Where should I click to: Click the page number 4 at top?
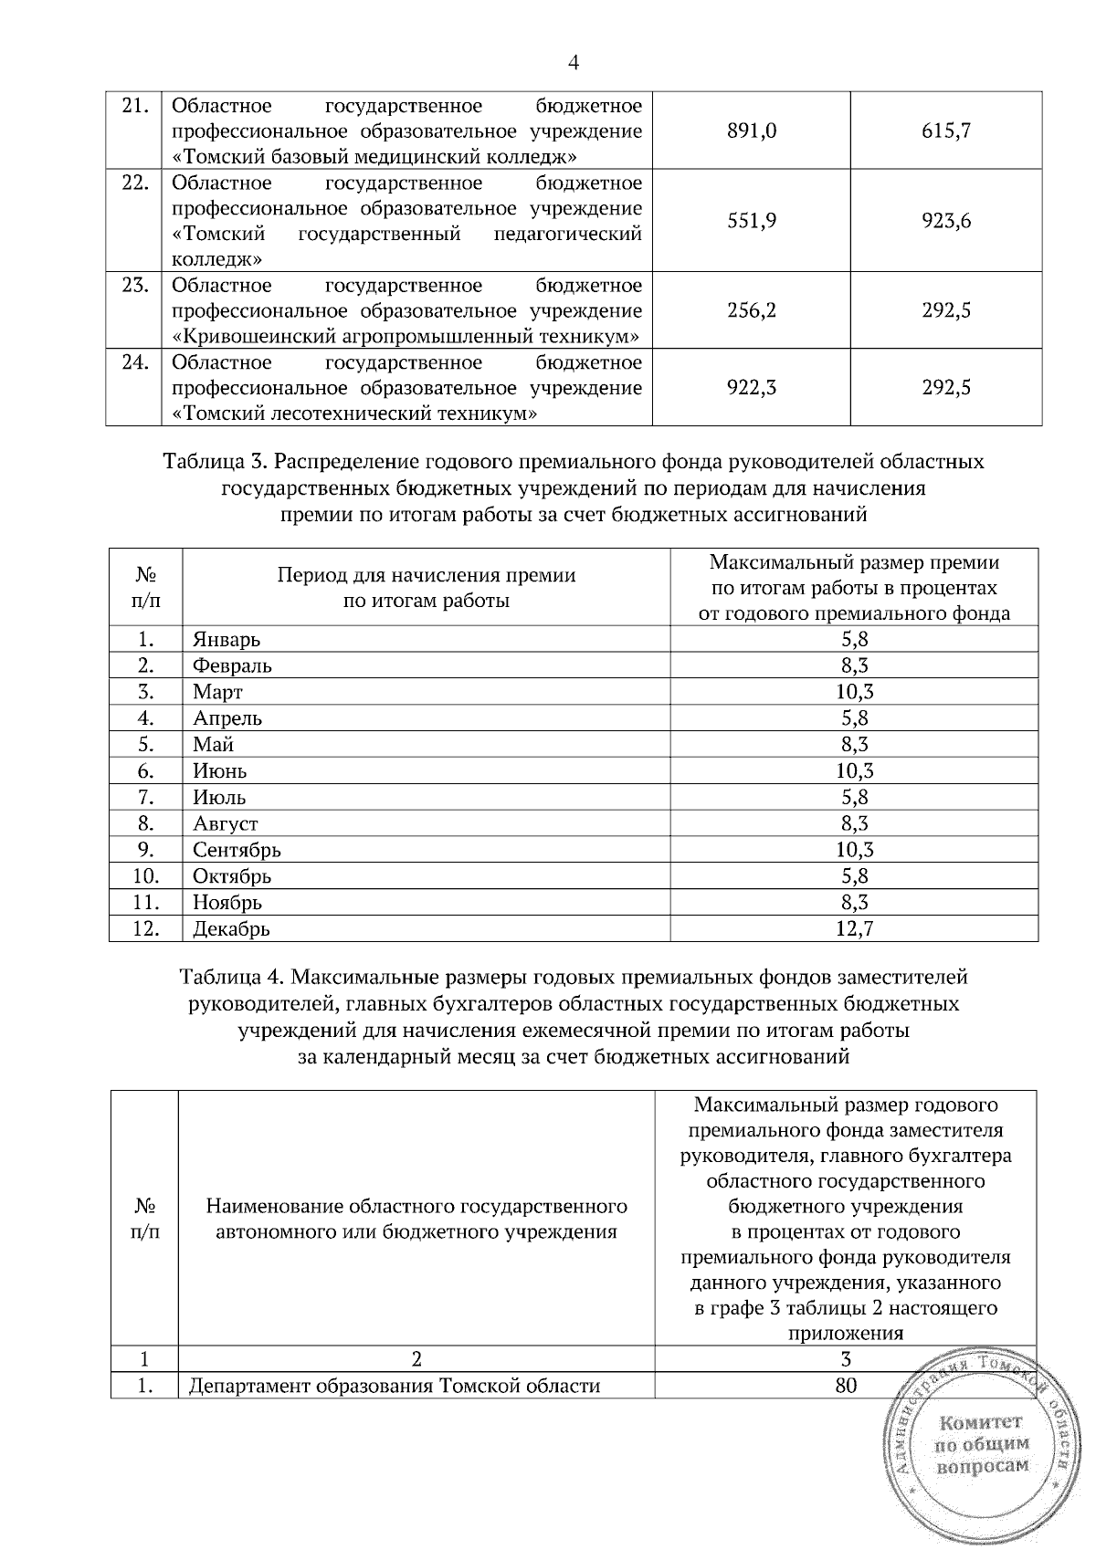point(574,62)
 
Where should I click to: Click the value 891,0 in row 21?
point(752,131)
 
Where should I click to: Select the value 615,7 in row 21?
point(946,131)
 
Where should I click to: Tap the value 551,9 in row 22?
point(752,220)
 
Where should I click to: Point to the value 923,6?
point(946,220)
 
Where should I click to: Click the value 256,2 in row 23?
point(752,310)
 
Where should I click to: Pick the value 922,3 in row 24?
point(752,388)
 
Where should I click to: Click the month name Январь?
point(227,640)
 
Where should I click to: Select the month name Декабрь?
point(231,929)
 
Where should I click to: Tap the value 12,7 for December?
point(854,929)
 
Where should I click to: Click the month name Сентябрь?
point(237,850)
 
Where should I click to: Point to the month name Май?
point(213,745)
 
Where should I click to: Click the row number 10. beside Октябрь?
point(145,876)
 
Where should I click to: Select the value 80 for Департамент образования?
point(846,1386)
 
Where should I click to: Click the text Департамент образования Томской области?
point(394,1387)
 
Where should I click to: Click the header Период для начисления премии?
point(427,575)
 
